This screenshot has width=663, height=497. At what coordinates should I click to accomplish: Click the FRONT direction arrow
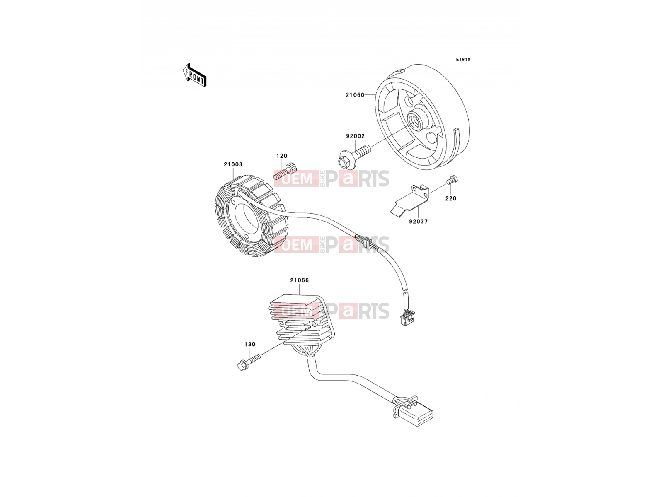click(194, 75)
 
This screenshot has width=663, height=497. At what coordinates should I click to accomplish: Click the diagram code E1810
click(463, 60)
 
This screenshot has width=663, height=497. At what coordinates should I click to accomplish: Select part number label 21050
click(355, 95)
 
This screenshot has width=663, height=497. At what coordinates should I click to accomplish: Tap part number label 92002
click(355, 136)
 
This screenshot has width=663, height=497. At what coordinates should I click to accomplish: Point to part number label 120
click(282, 156)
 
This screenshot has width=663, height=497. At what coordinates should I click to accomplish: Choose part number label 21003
click(233, 164)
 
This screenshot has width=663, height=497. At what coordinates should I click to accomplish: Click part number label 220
click(451, 198)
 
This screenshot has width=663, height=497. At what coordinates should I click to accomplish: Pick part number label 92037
click(419, 222)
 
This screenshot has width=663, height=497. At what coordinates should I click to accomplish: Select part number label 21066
click(299, 280)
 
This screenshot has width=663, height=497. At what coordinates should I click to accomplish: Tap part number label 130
click(250, 344)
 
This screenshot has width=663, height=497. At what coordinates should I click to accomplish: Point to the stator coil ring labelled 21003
click(252, 215)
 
